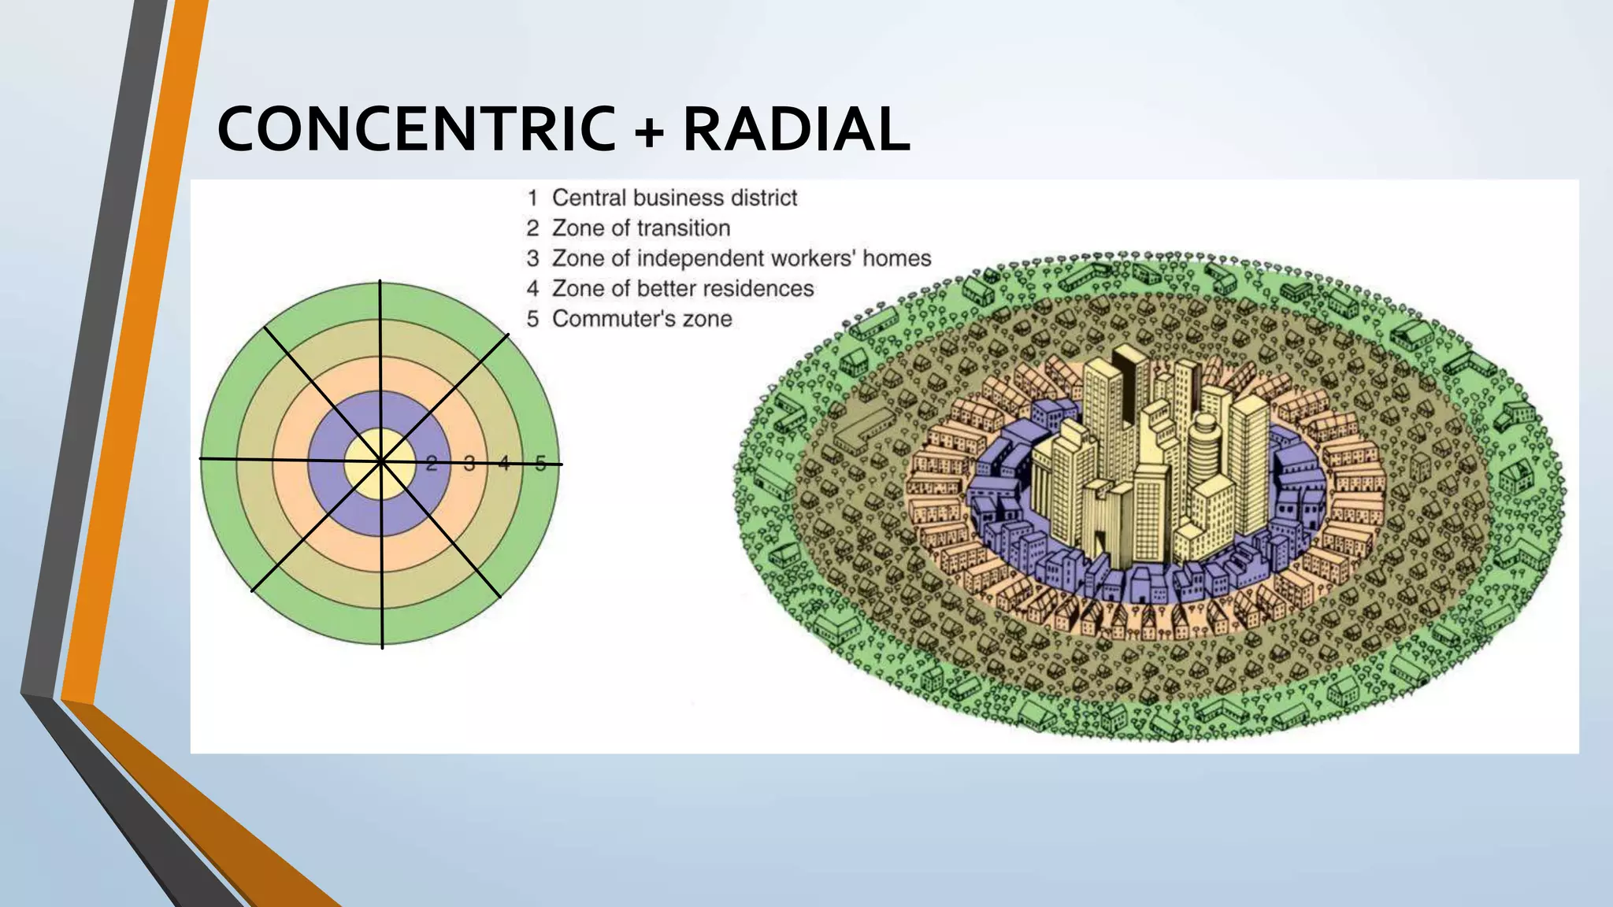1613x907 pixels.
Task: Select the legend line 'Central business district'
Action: (674, 198)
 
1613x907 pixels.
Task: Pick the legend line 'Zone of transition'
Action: (640, 228)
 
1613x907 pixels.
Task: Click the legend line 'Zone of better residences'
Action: (682, 289)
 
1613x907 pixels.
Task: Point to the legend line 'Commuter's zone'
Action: (642, 319)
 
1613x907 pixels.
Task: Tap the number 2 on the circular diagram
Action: (431, 464)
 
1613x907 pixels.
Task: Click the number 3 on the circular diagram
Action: (469, 464)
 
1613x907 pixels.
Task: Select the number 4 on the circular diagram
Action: (504, 463)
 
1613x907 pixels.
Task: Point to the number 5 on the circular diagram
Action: (540, 463)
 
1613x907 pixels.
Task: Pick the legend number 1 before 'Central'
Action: (533, 198)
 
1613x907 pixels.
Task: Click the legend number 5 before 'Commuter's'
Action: (533, 319)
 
